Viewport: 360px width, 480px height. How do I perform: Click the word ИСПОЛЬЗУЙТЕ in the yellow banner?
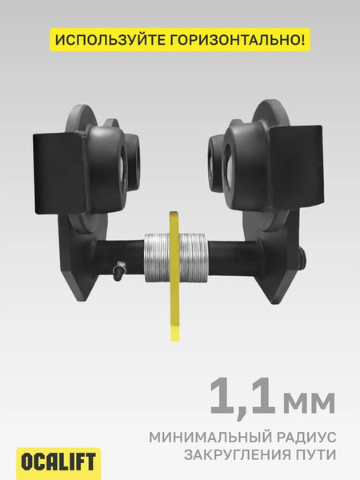[111, 40]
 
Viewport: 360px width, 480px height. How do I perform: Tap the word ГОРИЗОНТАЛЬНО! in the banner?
[238, 40]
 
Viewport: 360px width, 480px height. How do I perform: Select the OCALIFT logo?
[58, 462]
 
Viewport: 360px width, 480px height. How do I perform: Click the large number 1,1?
[242, 397]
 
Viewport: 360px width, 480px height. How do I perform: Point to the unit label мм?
[309, 402]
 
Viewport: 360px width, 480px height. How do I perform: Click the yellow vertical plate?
[174, 275]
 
